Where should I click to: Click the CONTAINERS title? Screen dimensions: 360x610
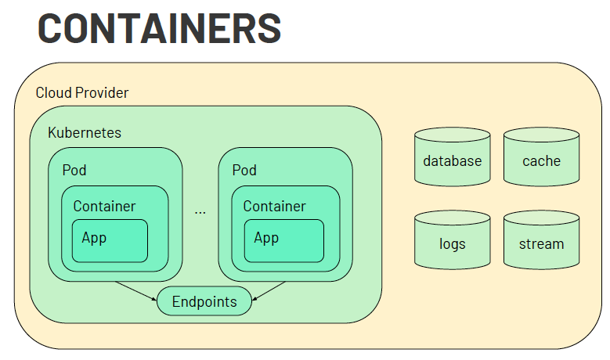point(159,29)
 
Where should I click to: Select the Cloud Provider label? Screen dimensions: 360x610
point(82,93)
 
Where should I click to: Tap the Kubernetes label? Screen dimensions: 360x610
point(85,132)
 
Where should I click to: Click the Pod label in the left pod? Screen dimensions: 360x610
point(74,170)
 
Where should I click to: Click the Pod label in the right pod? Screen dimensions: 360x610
point(244,170)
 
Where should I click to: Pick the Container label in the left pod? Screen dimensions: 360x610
point(104,207)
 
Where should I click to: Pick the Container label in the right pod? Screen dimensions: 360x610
point(274,207)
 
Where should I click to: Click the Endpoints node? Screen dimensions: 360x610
point(204,301)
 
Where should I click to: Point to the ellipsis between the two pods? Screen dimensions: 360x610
point(200,212)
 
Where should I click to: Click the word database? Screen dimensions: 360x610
point(452,161)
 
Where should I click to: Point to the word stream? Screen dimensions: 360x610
point(541,243)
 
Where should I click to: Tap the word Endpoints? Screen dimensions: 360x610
point(204,302)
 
